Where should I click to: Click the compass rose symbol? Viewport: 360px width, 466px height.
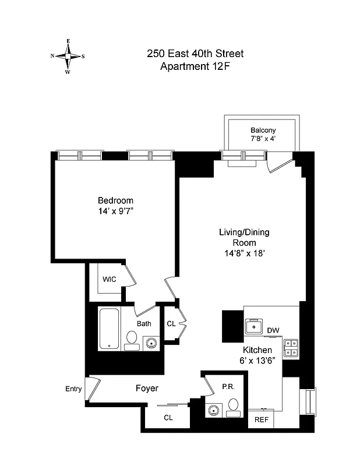[68, 57]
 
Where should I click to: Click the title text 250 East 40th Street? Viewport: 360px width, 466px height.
[195, 54]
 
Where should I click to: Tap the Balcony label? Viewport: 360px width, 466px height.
[263, 130]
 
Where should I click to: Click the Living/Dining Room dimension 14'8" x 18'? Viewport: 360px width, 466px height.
[243, 253]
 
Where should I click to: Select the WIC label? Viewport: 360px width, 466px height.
[110, 279]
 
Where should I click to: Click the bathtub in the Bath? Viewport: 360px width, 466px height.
[109, 329]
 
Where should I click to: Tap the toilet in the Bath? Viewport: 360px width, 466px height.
[132, 340]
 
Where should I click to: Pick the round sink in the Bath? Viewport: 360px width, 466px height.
[151, 343]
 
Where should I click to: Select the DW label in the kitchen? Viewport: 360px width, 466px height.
[273, 331]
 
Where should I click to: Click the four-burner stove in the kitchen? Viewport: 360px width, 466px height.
[291, 348]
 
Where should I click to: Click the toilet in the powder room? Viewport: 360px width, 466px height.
[233, 406]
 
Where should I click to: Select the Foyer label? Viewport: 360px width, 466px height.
[147, 388]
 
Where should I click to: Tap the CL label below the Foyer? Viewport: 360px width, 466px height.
[168, 418]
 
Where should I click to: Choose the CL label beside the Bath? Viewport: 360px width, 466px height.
[171, 324]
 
